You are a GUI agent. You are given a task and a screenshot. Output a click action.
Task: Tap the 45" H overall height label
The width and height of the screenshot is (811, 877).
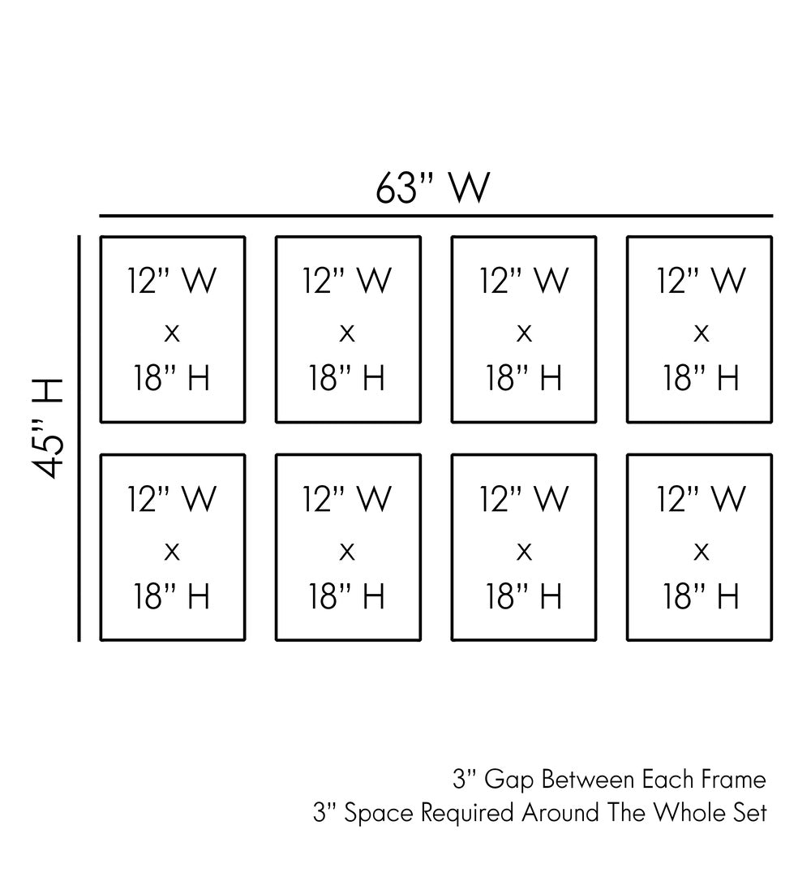[49, 428]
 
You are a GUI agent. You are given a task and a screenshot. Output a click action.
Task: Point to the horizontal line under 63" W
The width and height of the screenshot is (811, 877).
[436, 217]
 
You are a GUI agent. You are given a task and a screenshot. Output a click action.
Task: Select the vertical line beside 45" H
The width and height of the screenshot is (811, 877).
[79, 438]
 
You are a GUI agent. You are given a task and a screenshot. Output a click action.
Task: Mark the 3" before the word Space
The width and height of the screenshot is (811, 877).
[324, 813]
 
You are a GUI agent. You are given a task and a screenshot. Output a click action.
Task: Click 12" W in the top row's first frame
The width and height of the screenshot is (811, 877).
[172, 281]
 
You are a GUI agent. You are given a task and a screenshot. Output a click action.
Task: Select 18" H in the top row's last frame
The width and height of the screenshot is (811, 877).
[702, 378]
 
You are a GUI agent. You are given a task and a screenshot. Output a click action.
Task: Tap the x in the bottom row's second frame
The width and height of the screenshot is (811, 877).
[348, 552]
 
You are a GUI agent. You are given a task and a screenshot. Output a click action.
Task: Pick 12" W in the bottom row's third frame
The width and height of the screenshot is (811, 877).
[525, 498]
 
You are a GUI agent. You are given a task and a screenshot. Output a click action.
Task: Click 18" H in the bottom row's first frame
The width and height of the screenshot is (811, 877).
[172, 597]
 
